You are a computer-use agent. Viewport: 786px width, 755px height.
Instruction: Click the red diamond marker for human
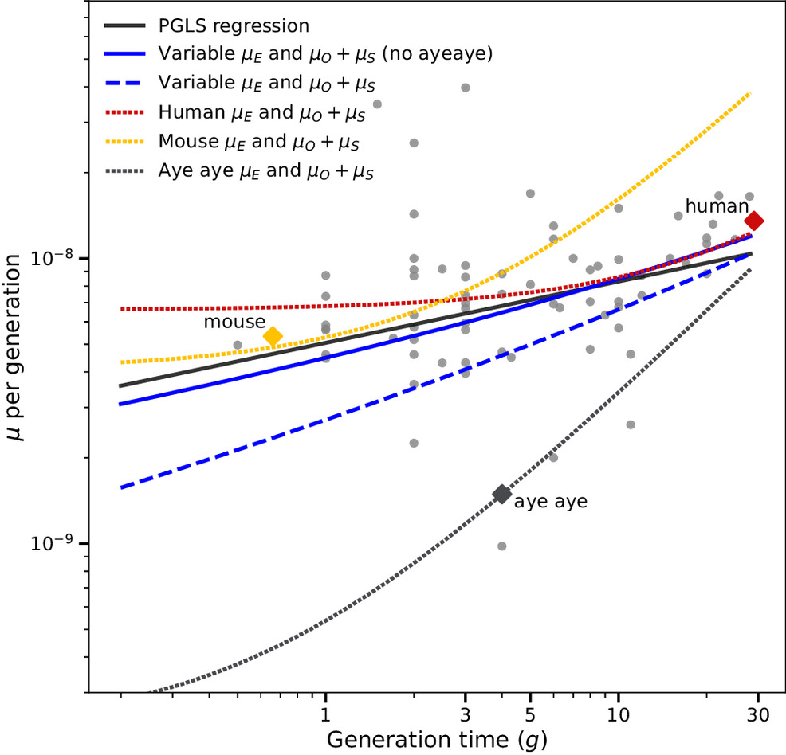[753, 221]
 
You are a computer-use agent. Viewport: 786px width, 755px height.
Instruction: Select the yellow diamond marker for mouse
[273, 337]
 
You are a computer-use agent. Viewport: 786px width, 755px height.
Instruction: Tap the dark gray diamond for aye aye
[501, 494]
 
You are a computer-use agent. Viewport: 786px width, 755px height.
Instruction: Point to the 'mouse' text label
[232, 322]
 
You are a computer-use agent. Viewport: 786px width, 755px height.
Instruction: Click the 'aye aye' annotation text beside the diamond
[550, 503]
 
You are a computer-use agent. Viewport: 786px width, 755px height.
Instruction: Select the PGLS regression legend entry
[234, 26]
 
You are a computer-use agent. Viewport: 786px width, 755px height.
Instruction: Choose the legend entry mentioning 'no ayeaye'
[324, 54]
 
